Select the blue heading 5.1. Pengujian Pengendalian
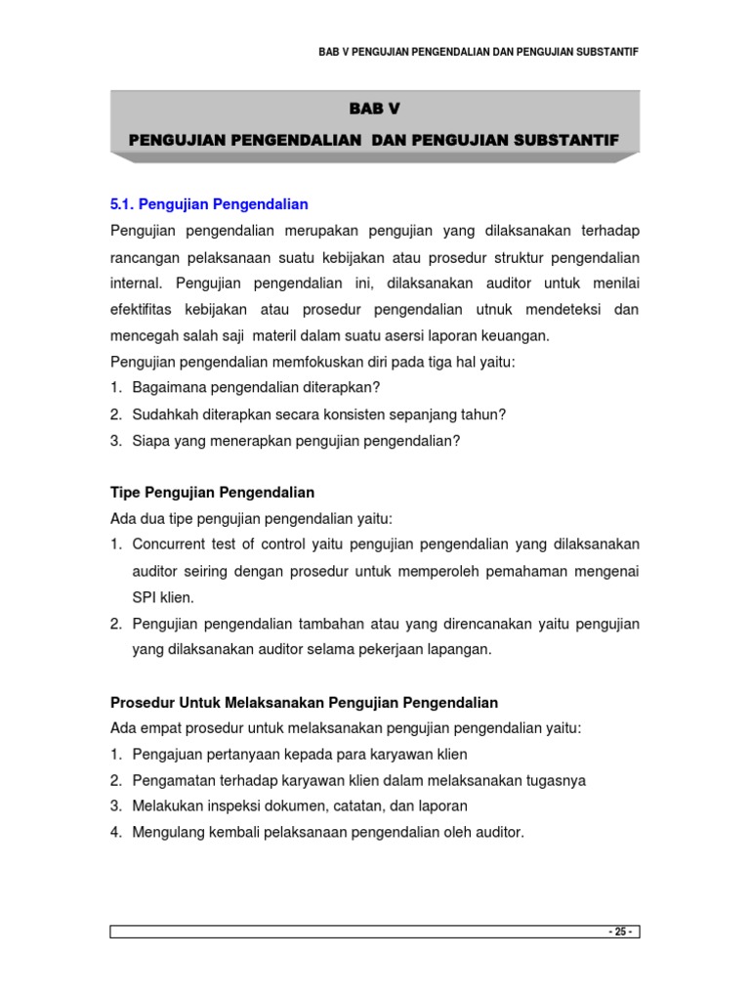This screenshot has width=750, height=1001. (x=209, y=204)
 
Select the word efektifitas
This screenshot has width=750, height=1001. (x=148, y=309)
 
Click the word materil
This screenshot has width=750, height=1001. (x=280, y=335)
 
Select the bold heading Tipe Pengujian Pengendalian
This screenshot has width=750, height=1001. (x=212, y=492)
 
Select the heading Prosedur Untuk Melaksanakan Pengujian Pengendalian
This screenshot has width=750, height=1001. (x=304, y=702)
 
